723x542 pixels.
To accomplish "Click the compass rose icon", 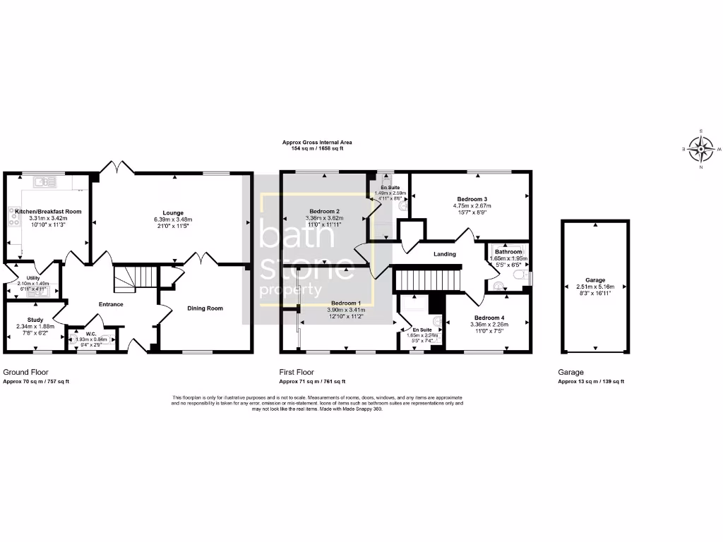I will (x=701, y=149).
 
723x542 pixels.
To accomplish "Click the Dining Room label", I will (x=205, y=308).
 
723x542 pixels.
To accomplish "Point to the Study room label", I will (x=35, y=320).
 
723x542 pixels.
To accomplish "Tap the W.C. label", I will (x=91, y=333).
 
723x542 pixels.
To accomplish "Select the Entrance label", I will (x=111, y=304).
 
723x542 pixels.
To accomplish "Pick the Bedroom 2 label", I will (x=325, y=211).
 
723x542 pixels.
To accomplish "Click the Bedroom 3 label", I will (x=471, y=199).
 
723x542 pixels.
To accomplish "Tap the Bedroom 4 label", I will (x=490, y=317).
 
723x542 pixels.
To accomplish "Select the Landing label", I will (x=445, y=254).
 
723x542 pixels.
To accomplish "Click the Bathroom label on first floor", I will (x=508, y=252).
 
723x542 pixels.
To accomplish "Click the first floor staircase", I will (x=426, y=279).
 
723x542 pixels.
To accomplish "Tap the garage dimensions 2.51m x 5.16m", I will (x=595, y=287).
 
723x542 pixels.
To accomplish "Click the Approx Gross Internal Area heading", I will (x=317, y=143).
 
